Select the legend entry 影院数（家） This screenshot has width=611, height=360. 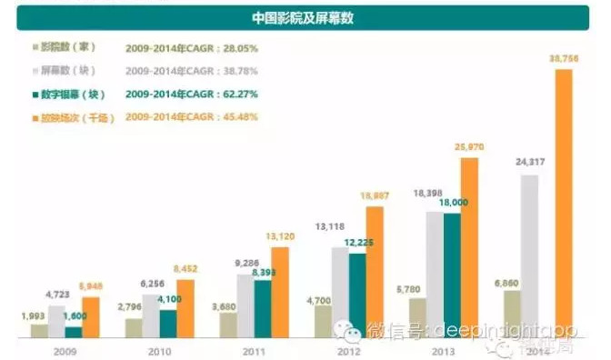(x=69, y=45)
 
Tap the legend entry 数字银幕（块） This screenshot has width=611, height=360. (x=69, y=93)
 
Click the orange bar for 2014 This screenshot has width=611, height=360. (x=563, y=200)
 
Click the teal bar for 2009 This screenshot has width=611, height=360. (x=74, y=332)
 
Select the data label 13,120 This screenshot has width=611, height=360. (x=278, y=236)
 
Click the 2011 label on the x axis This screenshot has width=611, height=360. (x=255, y=348)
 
